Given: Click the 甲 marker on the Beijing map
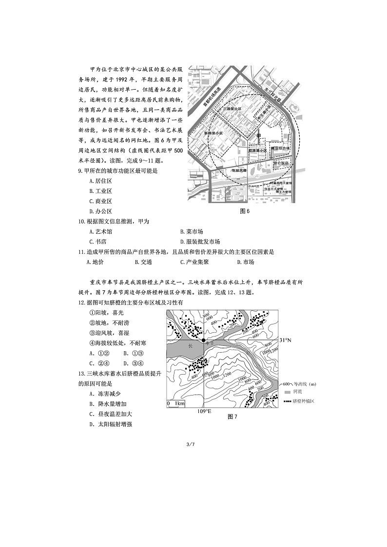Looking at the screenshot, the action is (x=258, y=135).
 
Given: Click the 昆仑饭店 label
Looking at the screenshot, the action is (x=281, y=163).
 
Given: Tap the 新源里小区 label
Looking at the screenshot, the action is (x=213, y=132).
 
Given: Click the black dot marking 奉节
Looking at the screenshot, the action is (x=204, y=340).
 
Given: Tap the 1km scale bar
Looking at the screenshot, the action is (x=176, y=404).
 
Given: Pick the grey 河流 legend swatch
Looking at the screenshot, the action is (x=288, y=392).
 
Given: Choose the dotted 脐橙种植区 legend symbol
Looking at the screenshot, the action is (x=288, y=401).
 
